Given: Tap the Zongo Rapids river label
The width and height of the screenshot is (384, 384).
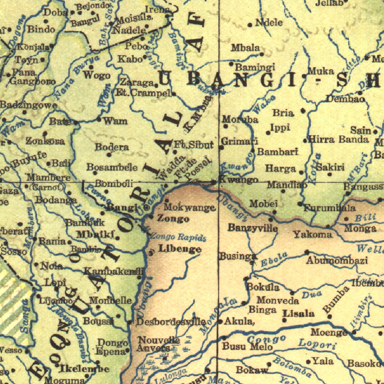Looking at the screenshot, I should tap(178, 237).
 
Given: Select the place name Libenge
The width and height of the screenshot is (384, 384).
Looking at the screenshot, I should tap(180, 249).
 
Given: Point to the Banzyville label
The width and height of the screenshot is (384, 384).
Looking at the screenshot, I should tap(253, 228).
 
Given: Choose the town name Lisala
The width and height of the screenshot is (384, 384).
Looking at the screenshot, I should tap(298, 313).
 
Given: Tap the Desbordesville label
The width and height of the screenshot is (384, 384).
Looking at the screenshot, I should tap(171, 322).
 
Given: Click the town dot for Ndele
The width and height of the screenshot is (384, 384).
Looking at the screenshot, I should tap(250, 25).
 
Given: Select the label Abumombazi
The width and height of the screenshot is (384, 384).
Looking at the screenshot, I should tap(336, 261).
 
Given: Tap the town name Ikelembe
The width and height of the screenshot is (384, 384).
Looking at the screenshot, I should tap(84, 369).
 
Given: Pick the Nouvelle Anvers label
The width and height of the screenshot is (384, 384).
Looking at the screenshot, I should tap(159, 344).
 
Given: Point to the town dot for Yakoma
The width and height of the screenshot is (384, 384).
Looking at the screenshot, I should tap(328, 226).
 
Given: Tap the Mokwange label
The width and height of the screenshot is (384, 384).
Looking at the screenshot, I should tap(190, 207).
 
